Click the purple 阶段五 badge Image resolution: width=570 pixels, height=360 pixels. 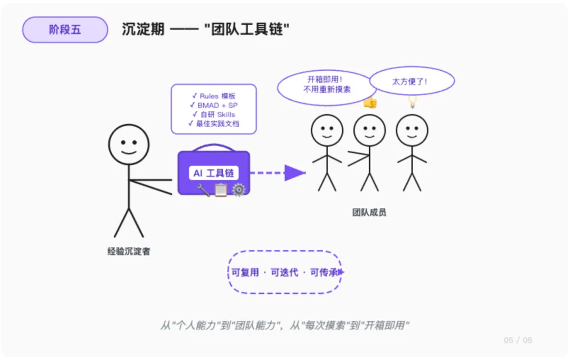(x=65, y=30)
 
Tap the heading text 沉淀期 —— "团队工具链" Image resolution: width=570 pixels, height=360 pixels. (x=206, y=30)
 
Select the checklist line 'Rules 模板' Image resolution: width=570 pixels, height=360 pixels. (x=214, y=96)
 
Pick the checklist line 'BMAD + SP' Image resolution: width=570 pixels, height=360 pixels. (x=214, y=105)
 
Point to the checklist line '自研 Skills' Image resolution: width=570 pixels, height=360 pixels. (x=214, y=115)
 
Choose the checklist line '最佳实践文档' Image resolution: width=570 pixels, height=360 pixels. (x=214, y=124)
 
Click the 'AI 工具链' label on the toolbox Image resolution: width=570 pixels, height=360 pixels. (x=214, y=173)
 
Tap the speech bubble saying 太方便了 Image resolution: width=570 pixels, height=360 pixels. (x=412, y=82)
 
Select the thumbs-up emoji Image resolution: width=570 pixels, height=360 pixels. (x=370, y=103)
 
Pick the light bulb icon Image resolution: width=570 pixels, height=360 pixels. (x=412, y=101)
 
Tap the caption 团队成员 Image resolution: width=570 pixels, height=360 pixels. (x=369, y=213)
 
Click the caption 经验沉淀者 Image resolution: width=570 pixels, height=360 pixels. (x=129, y=252)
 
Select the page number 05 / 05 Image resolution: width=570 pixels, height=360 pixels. (x=518, y=340)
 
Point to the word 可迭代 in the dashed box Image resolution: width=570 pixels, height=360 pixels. (x=284, y=272)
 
